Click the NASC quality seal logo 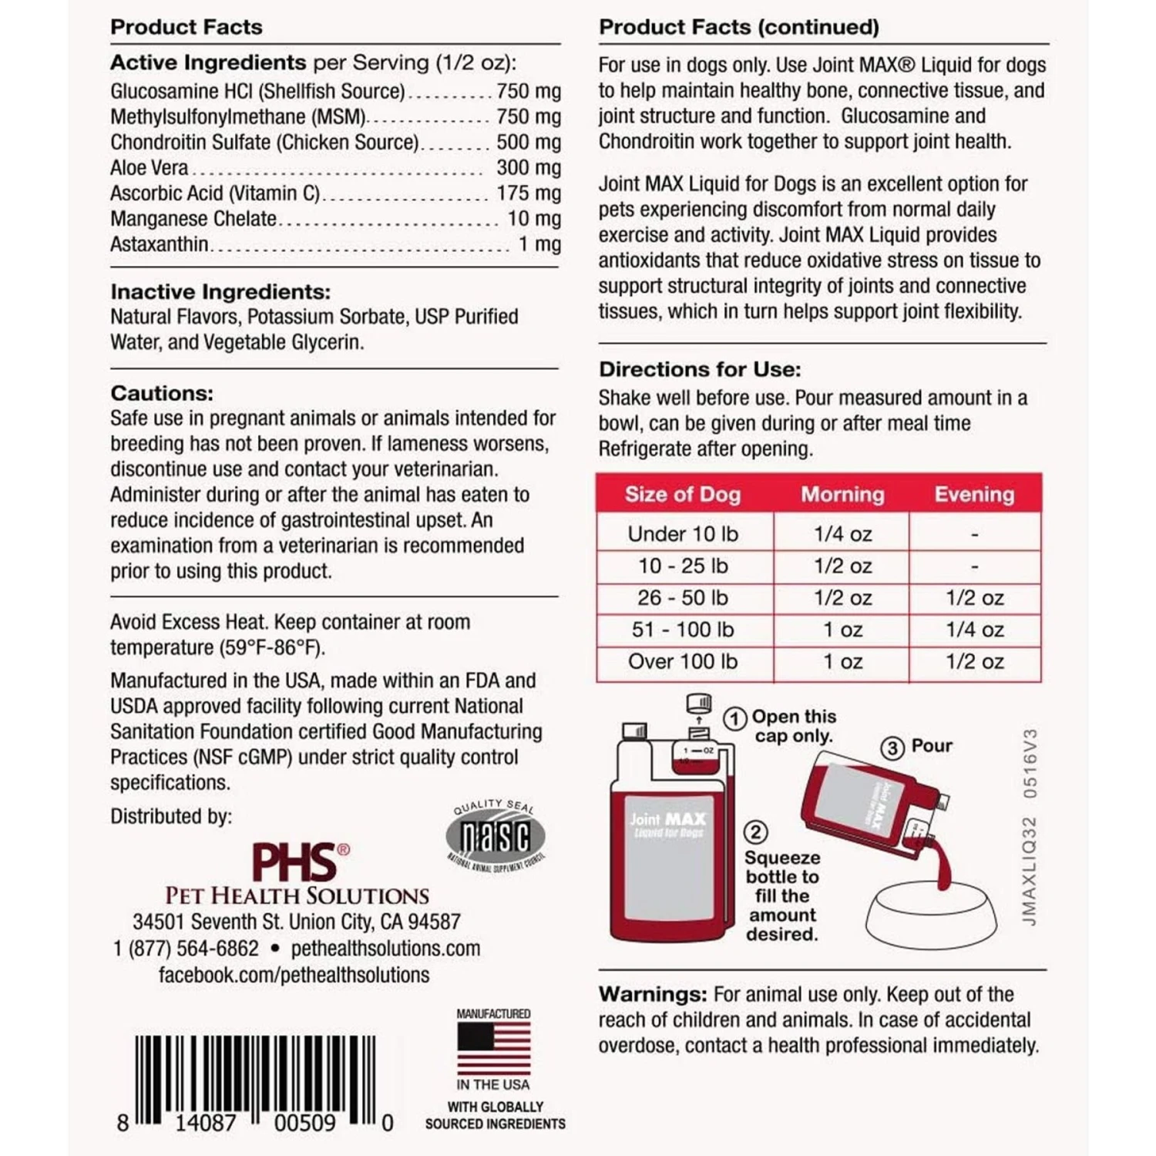pyautogui.click(x=496, y=837)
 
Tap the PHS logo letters pyautogui.click(x=295, y=862)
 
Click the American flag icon pyautogui.click(x=493, y=1048)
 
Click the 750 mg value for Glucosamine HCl pyautogui.click(x=529, y=91)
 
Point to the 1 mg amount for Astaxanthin pyautogui.click(x=539, y=244)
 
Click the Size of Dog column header pyautogui.click(x=683, y=494)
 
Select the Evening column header pyautogui.click(x=974, y=494)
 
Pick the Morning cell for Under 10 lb pyautogui.click(x=842, y=533)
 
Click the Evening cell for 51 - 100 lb pyautogui.click(x=975, y=630)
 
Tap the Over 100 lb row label pyautogui.click(x=683, y=661)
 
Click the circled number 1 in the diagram pyautogui.click(x=734, y=718)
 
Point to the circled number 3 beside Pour pyautogui.click(x=892, y=748)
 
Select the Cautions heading pyautogui.click(x=162, y=393)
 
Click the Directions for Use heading pyautogui.click(x=700, y=369)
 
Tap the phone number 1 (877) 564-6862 pyautogui.click(x=187, y=948)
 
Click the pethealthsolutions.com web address pyautogui.click(x=385, y=948)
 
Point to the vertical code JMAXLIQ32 pyautogui.click(x=1030, y=871)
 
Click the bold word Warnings pyautogui.click(x=653, y=994)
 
